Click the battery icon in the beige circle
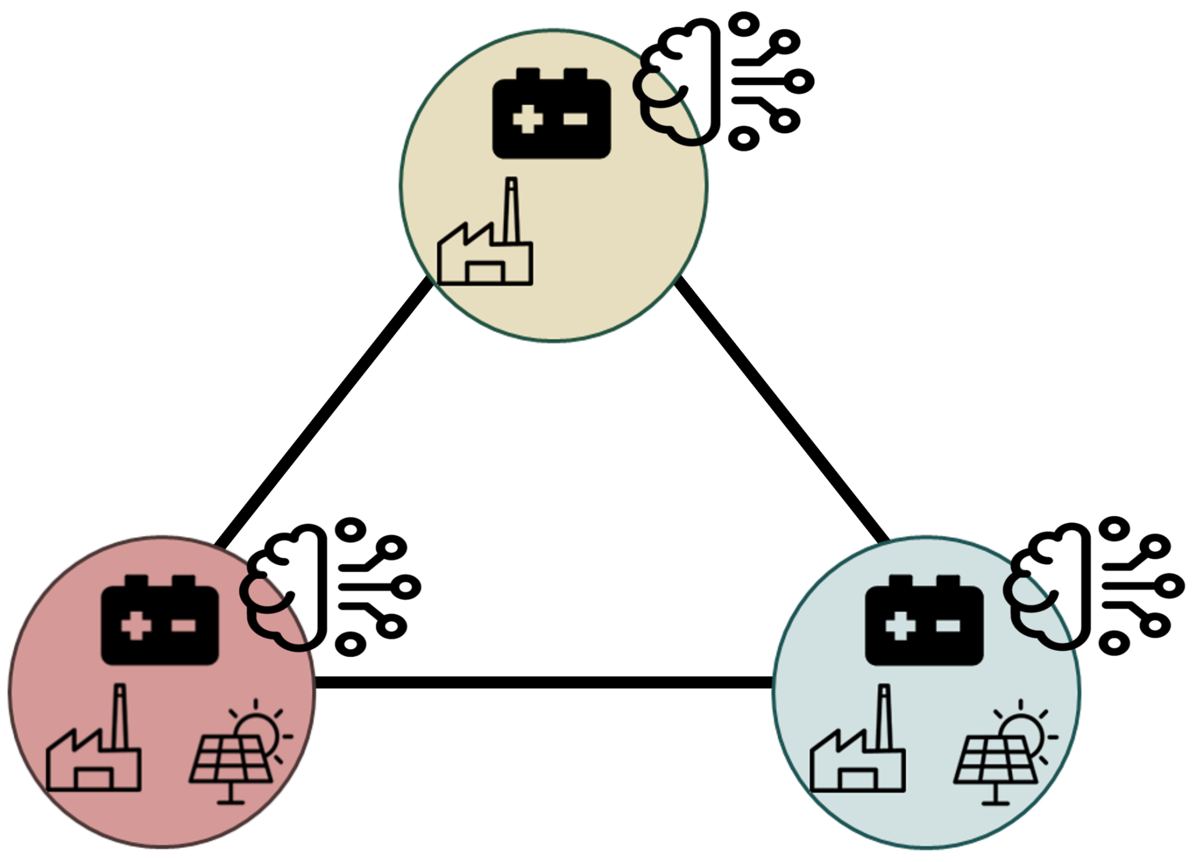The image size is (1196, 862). [551, 114]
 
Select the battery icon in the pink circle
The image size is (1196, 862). [160, 620]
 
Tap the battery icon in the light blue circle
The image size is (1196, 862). [924, 620]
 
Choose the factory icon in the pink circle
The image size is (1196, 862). [94, 754]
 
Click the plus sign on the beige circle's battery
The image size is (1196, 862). [528, 119]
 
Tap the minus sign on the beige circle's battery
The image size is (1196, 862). [576, 119]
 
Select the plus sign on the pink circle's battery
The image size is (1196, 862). [135, 625]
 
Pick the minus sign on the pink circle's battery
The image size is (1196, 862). [184, 625]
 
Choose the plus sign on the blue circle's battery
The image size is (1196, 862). [900, 625]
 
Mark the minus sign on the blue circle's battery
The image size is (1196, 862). [948, 625]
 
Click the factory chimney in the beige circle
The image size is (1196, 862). [511, 209]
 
